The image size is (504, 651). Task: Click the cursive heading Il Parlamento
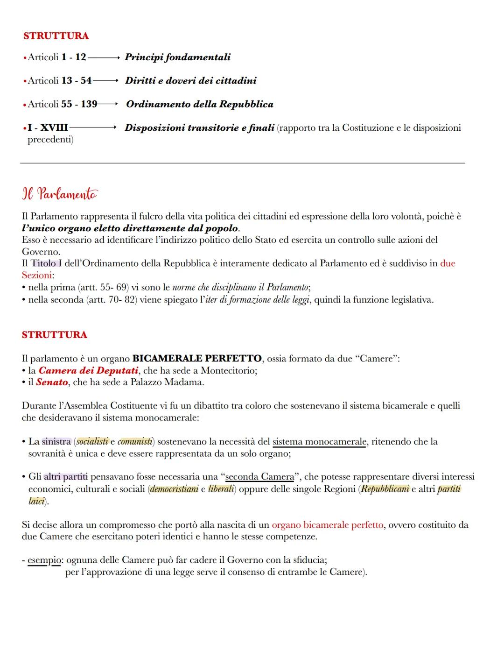tap(60, 194)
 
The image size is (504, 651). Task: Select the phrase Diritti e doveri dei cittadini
tap(191, 81)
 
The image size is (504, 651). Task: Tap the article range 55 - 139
tap(79, 104)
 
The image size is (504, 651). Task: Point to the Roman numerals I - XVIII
tap(48, 127)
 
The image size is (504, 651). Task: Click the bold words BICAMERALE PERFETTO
tap(197, 359)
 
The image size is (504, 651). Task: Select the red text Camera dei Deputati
tap(88, 370)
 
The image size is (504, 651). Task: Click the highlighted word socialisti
tap(92, 441)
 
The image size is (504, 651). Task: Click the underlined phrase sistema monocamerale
tap(319, 441)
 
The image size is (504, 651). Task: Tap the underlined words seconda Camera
tap(259, 477)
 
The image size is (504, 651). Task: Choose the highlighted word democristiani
tap(174, 489)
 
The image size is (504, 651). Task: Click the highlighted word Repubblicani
tap(385, 489)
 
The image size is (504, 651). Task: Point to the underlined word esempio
tap(44, 559)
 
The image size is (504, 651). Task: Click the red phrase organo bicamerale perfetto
tap(327, 525)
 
